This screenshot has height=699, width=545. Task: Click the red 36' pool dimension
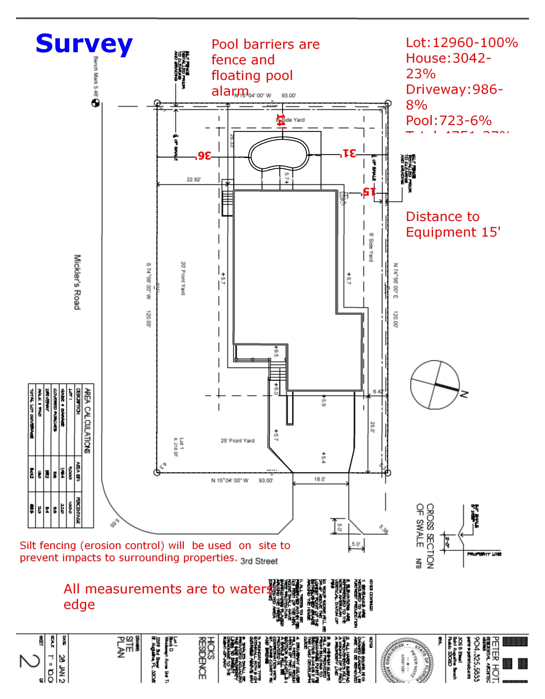point(203,156)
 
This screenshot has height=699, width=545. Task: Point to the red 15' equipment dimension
point(368,192)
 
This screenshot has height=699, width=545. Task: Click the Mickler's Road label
point(77,282)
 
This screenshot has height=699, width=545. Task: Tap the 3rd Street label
point(259,561)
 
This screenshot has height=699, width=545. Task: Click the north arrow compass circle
point(435,384)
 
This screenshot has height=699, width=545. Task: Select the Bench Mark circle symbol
point(95,103)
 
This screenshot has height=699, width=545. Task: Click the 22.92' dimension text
point(194,180)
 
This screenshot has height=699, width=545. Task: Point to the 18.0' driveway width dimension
point(319,479)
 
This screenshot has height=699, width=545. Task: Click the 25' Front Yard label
point(238,441)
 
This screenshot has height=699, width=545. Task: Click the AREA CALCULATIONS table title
point(87,421)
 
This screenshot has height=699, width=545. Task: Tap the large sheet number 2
point(29,665)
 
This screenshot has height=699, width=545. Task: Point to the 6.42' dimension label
point(379,392)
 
